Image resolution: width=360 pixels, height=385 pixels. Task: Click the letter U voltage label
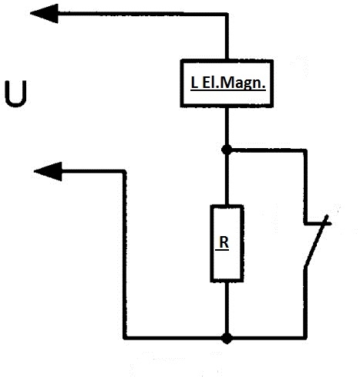[16, 93]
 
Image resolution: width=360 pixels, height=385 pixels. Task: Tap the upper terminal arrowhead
[44, 13]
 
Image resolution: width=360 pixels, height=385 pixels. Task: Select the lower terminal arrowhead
[48, 171]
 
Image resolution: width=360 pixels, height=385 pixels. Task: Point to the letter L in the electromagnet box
[194, 83]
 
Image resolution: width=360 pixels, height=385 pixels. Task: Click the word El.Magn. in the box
[234, 83]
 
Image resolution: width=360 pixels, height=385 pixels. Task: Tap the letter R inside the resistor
[224, 242]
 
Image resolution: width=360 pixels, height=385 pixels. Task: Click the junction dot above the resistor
[227, 150]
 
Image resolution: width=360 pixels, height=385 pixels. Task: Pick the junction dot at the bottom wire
[227, 338]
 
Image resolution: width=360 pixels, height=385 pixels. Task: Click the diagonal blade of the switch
[316, 241]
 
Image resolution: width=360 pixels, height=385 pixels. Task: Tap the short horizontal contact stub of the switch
[318, 224]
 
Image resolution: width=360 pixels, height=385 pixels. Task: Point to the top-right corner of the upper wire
[227, 14]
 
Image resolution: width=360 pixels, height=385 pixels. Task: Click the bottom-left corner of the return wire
[125, 337]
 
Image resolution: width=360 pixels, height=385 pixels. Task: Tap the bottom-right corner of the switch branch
[305, 337]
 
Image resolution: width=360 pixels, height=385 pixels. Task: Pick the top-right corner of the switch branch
[305, 150]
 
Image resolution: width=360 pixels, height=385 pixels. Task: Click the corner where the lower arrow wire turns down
[124, 171]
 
